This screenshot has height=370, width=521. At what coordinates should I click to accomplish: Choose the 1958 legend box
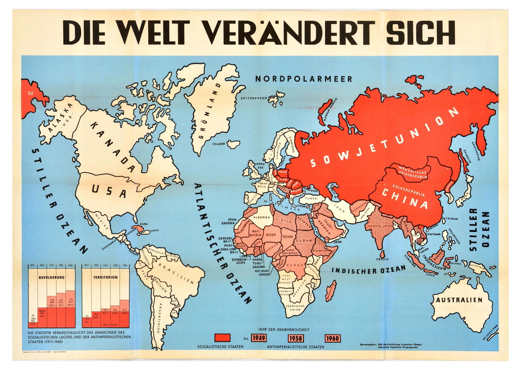coord(296,338)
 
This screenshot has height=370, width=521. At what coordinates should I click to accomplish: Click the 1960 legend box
coord(332,338)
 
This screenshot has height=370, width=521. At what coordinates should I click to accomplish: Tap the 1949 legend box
coord(259,338)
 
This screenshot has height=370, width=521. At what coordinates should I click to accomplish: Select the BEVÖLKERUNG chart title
coord(51,277)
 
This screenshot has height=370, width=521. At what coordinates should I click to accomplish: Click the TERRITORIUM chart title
coord(105,277)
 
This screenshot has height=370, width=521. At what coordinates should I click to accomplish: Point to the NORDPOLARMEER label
coord(303,79)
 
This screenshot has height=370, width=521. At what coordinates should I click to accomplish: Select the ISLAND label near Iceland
coord(219,144)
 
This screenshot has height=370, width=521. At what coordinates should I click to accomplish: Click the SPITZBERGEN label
coord(254,98)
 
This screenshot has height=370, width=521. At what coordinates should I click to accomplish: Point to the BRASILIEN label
coord(176,273)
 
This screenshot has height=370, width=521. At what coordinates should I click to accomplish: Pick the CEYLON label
coord(382,259)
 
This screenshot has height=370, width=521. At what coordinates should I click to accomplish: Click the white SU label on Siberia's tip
coord(30,93)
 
